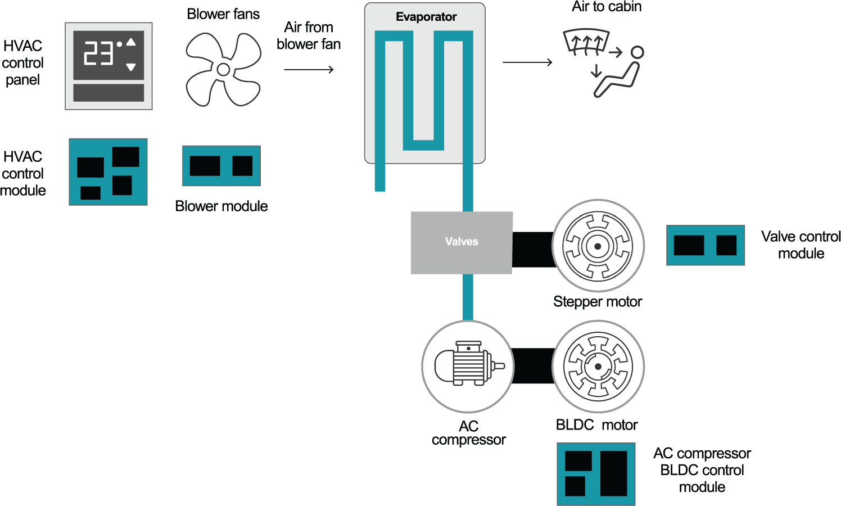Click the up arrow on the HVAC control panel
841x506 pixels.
tap(131, 42)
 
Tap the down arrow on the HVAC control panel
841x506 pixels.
tap(131, 67)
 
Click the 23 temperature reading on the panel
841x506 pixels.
tap(98, 55)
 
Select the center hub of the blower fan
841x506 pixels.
tap(223, 69)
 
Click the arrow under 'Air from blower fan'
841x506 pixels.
tap(309, 70)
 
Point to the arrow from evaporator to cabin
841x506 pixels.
tap(527, 62)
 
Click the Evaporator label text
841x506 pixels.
tap(426, 17)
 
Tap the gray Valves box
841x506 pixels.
tap(461, 242)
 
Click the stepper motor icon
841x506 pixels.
tap(598, 246)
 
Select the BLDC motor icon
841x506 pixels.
tap(598, 367)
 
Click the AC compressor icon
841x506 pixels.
tap(468, 366)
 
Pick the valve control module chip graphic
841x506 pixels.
tap(705, 245)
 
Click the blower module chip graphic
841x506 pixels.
tap(221, 166)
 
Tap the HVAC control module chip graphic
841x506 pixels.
tap(108, 172)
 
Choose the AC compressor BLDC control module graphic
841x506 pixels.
tap(596, 473)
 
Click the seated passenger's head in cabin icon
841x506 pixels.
tap(637, 52)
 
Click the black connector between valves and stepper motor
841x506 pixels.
tap(532, 249)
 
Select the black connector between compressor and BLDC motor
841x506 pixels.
tap(533, 366)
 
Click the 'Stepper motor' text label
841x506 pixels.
tap(597, 302)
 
